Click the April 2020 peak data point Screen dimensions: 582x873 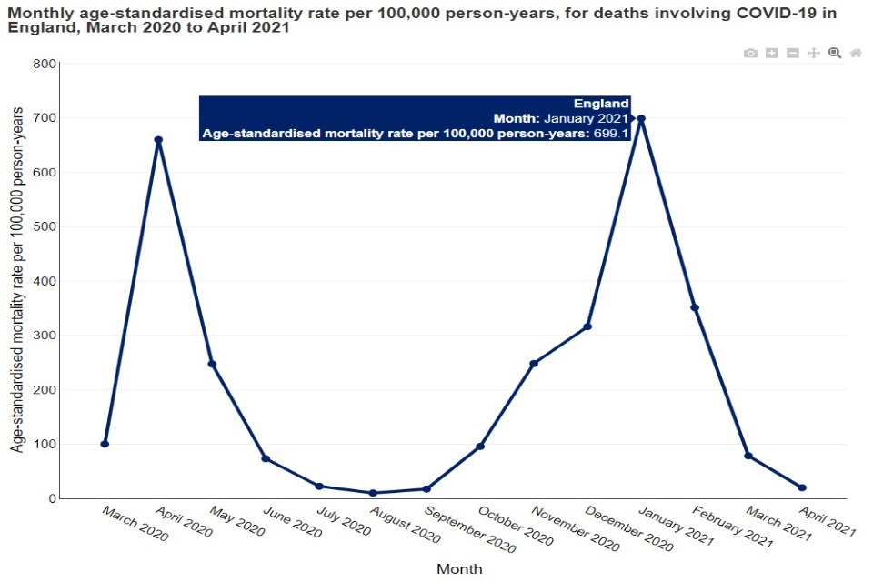tap(158, 140)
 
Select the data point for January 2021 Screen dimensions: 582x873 tap(641, 118)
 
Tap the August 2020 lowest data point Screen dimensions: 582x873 tap(373, 493)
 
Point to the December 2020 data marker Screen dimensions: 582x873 tap(587, 326)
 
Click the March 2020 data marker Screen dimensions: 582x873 tap(105, 444)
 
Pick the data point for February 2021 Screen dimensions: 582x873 tap(695, 307)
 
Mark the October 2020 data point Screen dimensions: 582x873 tap(480, 447)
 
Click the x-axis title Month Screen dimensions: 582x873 tap(459, 568)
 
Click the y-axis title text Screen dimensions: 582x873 tap(17, 278)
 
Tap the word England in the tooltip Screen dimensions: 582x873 tap(601, 104)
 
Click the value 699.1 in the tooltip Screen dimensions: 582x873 tap(612, 133)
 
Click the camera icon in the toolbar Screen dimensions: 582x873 tap(750, 54)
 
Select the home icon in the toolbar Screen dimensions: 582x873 tap(856, 54)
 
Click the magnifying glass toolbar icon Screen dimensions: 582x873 tap(835, 54)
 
